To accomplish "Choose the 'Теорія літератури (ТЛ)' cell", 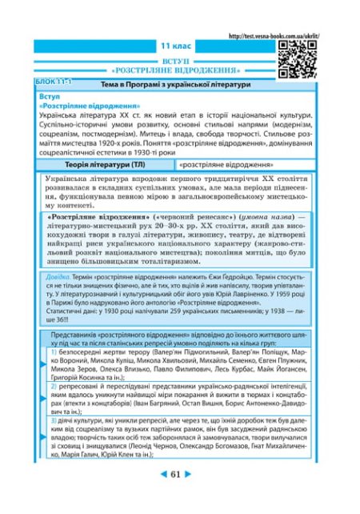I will click(98, 164).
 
